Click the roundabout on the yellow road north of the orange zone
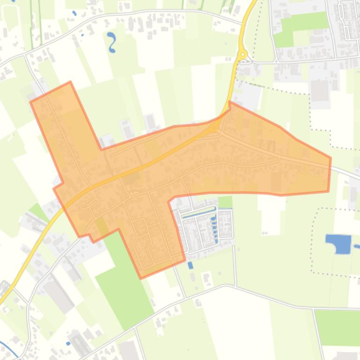tap(242, 54)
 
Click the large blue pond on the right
tap(339, 244)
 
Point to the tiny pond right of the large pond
tap(357, 246)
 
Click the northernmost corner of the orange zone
tap(70, 82)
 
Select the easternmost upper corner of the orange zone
tap(331, 158)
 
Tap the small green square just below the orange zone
tap(225, 202)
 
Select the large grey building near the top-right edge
tap(320, 90)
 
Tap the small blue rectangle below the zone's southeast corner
tap(190, 265)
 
